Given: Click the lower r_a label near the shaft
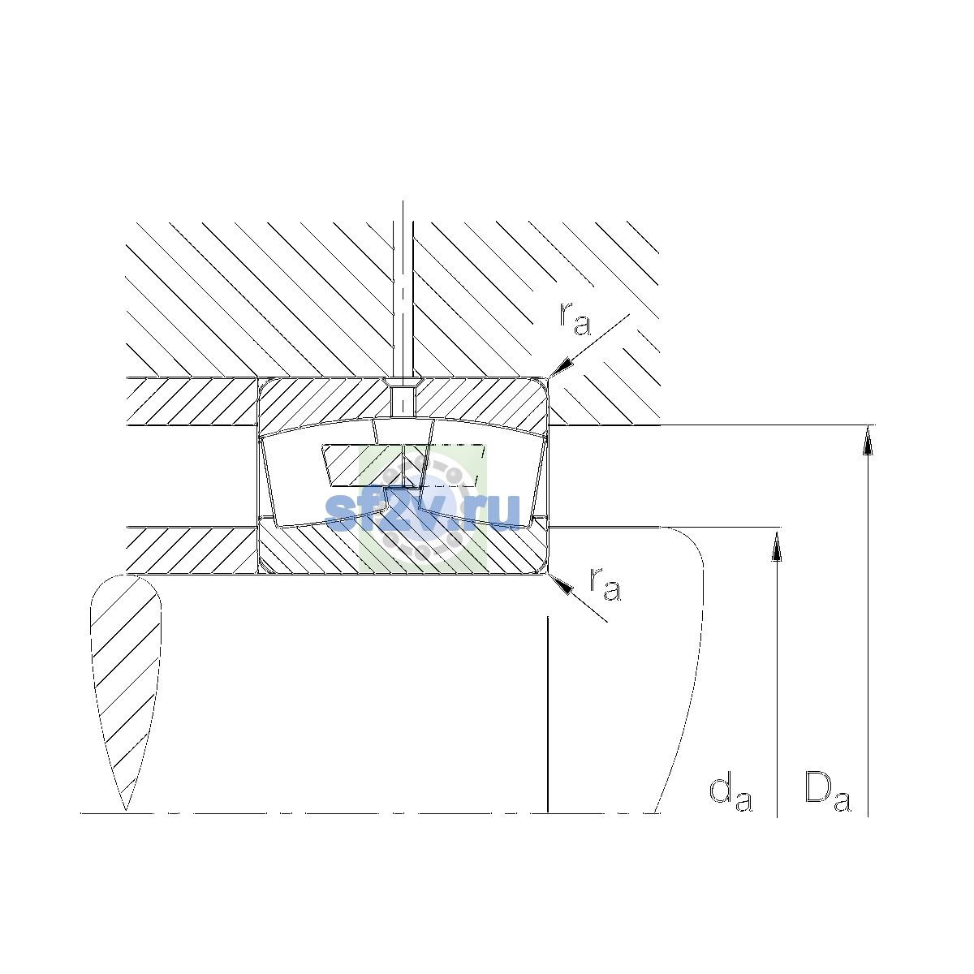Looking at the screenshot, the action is coord(605,584).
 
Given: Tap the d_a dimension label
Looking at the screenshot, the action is coord(730,795).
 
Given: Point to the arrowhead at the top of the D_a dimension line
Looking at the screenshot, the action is coord(868,440).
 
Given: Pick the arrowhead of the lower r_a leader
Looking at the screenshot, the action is coord(561,584).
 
